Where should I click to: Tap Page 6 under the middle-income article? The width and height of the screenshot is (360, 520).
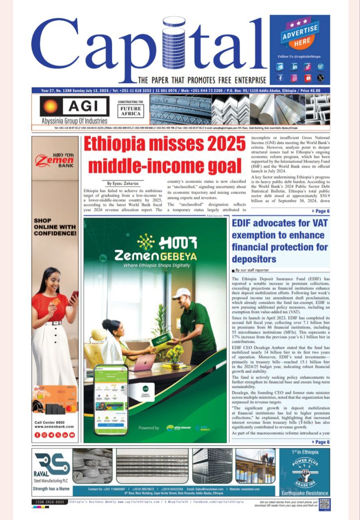(321, 211)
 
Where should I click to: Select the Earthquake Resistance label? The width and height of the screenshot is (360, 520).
(305, 493)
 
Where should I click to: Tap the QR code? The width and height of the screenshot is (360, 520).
(324, 504)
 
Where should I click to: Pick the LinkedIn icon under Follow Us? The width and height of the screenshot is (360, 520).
(294, 66)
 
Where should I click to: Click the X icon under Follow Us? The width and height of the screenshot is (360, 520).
(321, 77)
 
